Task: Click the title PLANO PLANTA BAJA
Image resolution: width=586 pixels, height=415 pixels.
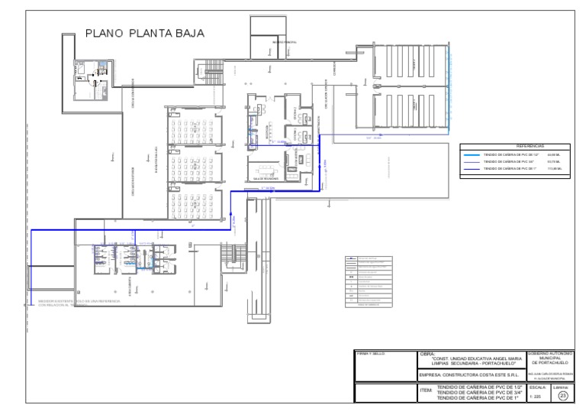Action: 144,34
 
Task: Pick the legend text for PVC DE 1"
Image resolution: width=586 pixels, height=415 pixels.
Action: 507,170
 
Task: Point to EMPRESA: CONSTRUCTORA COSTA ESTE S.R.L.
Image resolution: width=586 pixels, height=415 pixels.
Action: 471,375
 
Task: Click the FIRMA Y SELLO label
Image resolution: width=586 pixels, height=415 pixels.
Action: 371,354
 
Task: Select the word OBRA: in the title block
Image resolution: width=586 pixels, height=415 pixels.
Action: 427,354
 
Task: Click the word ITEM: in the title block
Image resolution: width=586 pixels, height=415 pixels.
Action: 426,391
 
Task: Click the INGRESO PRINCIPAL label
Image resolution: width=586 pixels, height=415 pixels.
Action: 284,43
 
